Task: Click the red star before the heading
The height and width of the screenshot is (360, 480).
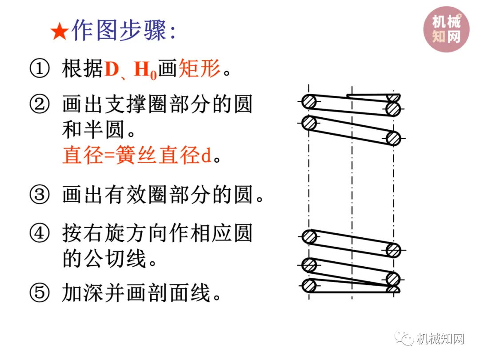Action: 59,32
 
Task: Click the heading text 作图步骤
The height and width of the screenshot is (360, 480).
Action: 119,31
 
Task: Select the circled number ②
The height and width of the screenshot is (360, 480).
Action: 40,105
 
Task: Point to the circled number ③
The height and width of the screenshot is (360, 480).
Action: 40,195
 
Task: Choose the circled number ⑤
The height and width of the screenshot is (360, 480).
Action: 40,293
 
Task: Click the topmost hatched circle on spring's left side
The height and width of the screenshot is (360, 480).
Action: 309,102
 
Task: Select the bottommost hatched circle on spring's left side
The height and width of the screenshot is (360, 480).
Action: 309,285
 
